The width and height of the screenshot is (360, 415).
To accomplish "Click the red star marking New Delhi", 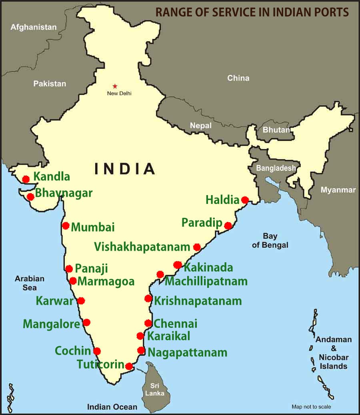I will click(115, 86).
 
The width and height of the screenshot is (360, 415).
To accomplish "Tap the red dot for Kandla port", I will click(26, 179).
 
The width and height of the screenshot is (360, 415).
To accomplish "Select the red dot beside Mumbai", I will click(66, 225).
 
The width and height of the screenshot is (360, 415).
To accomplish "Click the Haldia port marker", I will click(245, 200).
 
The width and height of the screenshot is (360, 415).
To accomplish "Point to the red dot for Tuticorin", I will click(129, 366).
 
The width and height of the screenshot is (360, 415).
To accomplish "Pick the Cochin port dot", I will click(97, 351).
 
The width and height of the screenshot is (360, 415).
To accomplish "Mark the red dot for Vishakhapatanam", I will click(197, 247).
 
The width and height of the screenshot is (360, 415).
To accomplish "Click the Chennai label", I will click(176, 323).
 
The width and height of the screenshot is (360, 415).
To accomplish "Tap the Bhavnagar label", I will click(64, 194).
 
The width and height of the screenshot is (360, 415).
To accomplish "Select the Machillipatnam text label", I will click(206, 281).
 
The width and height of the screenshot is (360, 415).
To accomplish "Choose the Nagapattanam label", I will click(187, 353).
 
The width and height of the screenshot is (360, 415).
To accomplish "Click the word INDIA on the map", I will click(124, 169).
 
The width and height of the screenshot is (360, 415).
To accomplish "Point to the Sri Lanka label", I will click(154, 389).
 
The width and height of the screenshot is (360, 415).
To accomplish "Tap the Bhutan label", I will click(276, 130).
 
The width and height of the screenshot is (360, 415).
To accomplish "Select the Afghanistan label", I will click(34, 27).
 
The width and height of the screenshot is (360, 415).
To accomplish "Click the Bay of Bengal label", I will click(270, 241).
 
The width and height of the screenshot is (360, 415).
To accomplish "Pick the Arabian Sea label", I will click(30, 283).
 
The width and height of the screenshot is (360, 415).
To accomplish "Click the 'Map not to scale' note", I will click(311, 407).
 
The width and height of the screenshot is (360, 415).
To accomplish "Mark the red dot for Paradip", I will click(228, 226).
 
